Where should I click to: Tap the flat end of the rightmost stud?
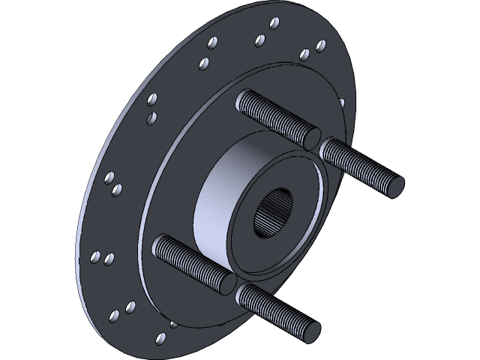coord(395,185)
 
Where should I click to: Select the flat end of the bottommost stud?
coord(311,330)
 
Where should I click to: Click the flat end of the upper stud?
coord(310,138)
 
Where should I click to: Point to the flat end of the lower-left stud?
coord(226,283)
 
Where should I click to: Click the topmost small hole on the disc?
coord(274,22)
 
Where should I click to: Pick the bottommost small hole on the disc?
coord(160,339)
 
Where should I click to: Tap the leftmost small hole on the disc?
coord(95,257)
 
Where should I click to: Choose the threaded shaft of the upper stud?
coord(274,116)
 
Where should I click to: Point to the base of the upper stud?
coord(244,99)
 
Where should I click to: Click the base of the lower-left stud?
coord(161,244)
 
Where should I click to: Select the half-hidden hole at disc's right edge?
coord(342,103)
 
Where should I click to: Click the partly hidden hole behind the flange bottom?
coord(174,325)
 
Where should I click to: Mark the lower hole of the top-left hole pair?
coord(203,64)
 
